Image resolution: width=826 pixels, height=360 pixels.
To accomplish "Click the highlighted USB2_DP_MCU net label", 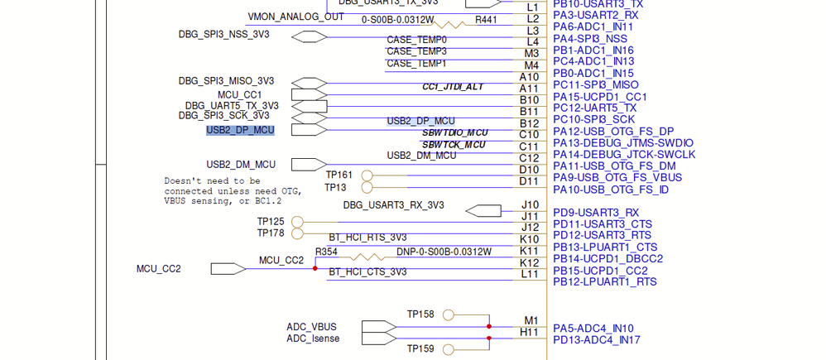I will coord(240,130).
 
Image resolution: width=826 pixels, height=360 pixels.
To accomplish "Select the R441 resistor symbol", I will coord(454,24).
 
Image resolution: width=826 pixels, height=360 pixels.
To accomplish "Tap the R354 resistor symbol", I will coord(367,257).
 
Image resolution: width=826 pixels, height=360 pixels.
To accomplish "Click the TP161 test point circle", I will coord(367,175).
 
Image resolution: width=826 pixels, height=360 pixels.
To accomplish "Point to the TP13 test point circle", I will coord(367,187).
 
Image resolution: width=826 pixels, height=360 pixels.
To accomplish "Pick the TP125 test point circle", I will coord(297,222).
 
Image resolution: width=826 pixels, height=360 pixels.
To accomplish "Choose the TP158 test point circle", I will coord(449,314).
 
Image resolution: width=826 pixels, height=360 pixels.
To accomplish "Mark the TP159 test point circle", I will coord(449,349).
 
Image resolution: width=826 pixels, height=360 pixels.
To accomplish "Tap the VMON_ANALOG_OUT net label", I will coord(295,17).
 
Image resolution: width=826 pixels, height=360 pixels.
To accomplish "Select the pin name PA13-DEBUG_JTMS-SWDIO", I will coord(623,142).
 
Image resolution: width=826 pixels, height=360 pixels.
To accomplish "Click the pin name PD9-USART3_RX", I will coord(596,213).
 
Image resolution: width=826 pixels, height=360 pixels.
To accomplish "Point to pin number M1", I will coord(531,320).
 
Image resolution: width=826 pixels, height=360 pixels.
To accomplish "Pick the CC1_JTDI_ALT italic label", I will coord(452,87).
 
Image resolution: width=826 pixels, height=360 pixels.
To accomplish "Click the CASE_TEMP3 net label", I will coord(416,51).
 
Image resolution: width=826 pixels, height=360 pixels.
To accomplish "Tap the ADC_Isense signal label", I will coord(313,338).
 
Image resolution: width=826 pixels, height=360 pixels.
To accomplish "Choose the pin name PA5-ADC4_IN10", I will coord(593,329).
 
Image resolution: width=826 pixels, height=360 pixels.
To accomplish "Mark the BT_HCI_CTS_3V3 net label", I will coord(367,272).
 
